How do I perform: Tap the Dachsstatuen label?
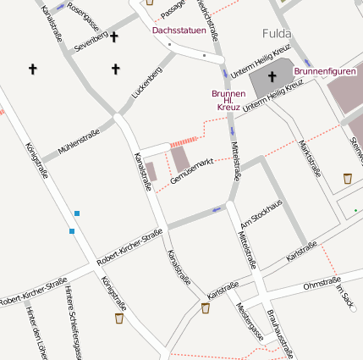(x=179, y=30)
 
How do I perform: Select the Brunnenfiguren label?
(x=326, y=71)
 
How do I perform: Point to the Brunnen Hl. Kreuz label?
(x=228, y=100)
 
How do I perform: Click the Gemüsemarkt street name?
(x=191, y=173)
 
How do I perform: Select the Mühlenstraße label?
(x=79, y=141)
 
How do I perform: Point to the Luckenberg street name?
(x=146, y=84)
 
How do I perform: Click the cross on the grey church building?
(x=272, y=78)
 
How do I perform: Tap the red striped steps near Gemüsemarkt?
(x=182, y=141)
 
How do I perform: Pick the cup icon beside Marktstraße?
(x=348, y=178)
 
